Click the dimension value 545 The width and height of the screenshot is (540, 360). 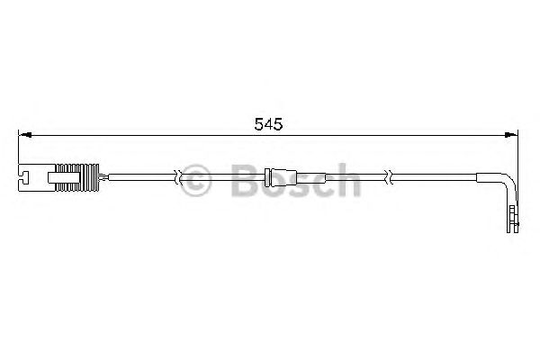coord(267,125)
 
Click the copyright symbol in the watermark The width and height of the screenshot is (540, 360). coord(194,179)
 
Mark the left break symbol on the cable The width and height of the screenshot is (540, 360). coord(179,176)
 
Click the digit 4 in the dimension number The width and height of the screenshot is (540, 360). coord(267,125)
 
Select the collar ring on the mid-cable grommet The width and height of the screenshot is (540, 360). coord(274,176)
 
